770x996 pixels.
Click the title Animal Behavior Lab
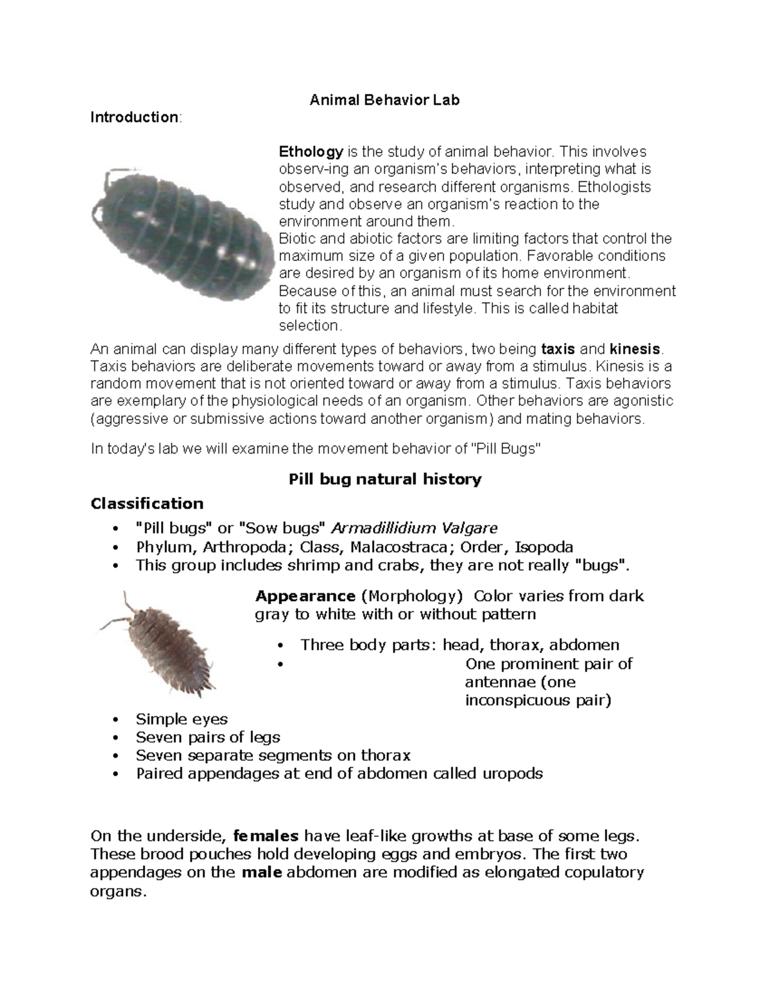coord(384,100)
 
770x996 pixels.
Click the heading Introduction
coord(134,117)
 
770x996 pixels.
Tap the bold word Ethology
coord(311,152)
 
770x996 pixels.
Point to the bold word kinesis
coord(635,350)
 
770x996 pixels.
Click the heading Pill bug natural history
coord(384,479)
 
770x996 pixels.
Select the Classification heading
coord(147,503)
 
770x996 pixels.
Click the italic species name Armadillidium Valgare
coord(415,528)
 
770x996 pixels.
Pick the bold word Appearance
coord(305,596)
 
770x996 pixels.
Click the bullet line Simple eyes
coord(182,720)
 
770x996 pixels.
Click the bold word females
coord(266,836)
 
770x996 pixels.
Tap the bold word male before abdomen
coord(262,873)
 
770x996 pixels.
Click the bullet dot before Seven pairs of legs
coord(116,738)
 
